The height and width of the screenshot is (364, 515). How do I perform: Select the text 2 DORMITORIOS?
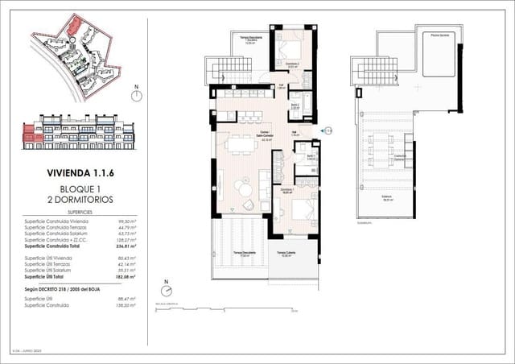pos(79,197)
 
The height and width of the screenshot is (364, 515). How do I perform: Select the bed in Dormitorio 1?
pos(296,212)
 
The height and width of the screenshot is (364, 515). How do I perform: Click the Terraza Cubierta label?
pos(286,253)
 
